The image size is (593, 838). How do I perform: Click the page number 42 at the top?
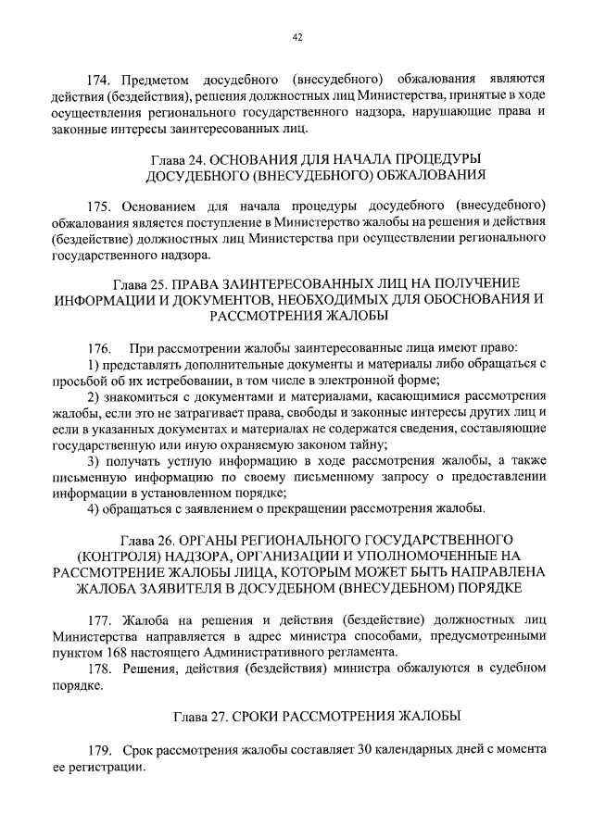click(296, 38)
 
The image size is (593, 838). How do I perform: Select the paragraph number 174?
click(98, 81)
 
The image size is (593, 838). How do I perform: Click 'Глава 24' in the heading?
click(171, 158)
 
